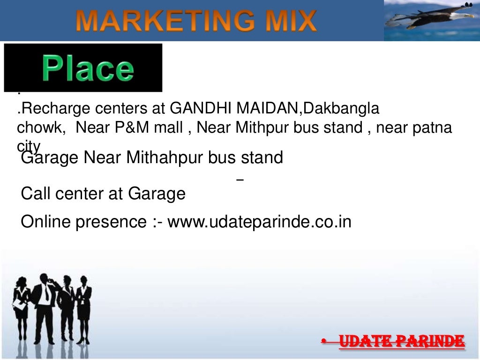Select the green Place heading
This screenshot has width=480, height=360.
[x=88, y=68]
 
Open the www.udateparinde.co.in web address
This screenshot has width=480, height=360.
[x=259, y=222]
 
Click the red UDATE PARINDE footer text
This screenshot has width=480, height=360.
[x=401, y=341]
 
